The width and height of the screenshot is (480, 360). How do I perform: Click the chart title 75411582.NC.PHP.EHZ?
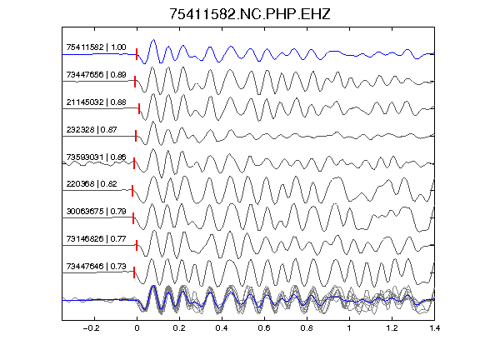(x=250, y=14)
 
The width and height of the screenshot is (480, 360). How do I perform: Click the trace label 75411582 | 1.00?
(x=96, y=47)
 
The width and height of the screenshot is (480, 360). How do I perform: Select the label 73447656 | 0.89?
(x=96, y=75)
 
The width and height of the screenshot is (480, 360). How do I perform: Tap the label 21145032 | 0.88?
(x=96, y=102)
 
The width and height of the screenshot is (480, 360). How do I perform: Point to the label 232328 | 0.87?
(x=92, y=129)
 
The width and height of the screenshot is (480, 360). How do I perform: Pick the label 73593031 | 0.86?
(x=96, y=157)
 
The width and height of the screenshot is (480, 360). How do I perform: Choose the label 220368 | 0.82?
(x=92, y=183)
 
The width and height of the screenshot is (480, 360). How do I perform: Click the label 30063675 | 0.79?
(x=96, y=211)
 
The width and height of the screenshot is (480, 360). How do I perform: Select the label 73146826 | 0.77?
(x=96, y=239)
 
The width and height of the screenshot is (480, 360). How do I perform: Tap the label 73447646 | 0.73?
(x=96, y=267)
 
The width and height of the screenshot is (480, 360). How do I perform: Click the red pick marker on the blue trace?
(x=137, y=54)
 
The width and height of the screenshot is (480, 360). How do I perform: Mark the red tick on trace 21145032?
(x=139, y=108)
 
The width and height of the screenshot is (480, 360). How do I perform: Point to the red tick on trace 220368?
(x=132, y=190)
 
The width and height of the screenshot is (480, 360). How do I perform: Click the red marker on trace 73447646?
(x=134, y=272)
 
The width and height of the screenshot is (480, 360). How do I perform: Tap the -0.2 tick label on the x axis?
(x=92, y=328)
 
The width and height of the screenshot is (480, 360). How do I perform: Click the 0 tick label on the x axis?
(x=137, y=328)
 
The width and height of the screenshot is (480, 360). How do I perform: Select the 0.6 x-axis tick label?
(x=264, y=328)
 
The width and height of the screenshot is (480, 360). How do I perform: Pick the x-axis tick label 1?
(x=349, y=328)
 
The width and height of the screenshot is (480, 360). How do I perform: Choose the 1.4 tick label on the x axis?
(x=434, y=328)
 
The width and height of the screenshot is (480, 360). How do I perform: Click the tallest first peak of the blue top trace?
(x=153, y=39)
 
